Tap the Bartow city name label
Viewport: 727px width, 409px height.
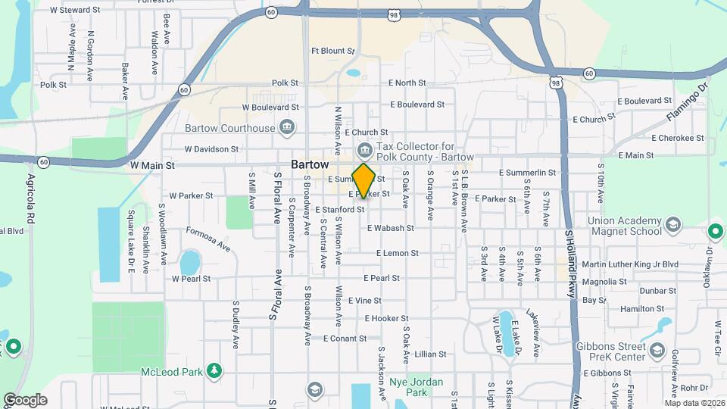pyautogui.click(x=310, y=164)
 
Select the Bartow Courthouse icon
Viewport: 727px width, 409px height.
pyautogui.click(x=287, y=126)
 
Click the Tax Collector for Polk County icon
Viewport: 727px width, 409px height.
pyautogui.click(x=364, y=148)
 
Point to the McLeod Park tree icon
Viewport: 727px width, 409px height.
pyautogui.click(x=216, y=370)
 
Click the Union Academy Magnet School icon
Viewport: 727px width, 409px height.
pyautogui.click(x=671, y=225)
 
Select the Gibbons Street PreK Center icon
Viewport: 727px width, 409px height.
pyautogui.click(x=657, y=351)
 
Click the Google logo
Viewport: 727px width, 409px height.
pyautogui.click(x=24, y=400)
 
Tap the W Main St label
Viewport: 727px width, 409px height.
pyautogui.click(x=152, y=164)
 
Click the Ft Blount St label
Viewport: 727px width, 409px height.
pyautogui.click(x=332, y=51)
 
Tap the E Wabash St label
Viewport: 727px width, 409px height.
pyautogui.click(x=390, y=228)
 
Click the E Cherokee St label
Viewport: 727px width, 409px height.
pyautogui.click(x=678, y=138)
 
